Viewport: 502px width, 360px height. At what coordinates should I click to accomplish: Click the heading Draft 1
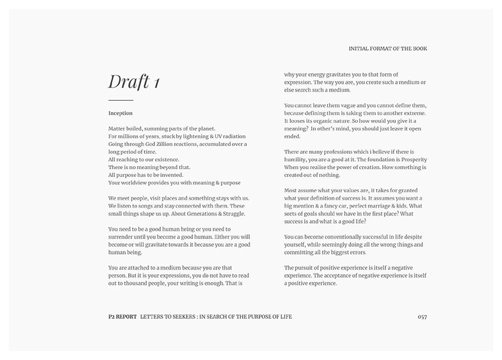pyautogui.click(x=134, y=82)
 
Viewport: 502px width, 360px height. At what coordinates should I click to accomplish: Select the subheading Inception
pyautogui.click(x=120, y=113)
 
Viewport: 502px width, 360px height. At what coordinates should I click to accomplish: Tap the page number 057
pyautogui.click(x=422, y=316)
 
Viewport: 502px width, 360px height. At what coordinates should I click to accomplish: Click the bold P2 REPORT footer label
pyautogui.click(x=119, y=316)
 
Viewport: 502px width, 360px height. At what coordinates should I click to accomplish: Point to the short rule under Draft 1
pyautogui.click(x=120, y=100)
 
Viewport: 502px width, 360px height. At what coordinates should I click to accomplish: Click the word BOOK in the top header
pyautogui.click(x=419, y=48)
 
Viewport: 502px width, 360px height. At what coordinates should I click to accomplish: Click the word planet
pyautogui.click(x=204, y=128)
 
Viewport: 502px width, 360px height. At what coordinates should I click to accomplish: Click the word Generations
pyautogui.click(x=193, y=213)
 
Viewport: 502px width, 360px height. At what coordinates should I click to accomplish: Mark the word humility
pyautogui.click(x=298, y=159)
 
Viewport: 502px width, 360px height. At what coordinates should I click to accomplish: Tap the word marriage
pyautogui.click(x=382, y=206)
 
